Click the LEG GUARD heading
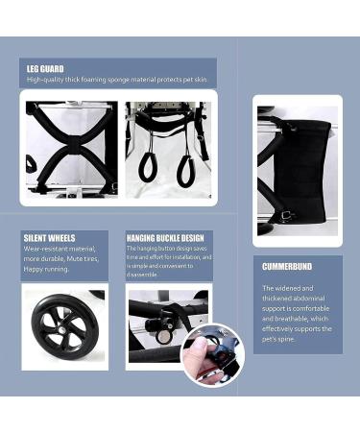tap(46, 69)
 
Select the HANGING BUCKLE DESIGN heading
tap(165, 237)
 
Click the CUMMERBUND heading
tap(287, 266)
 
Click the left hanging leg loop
tap(148, 166)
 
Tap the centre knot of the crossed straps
tap(67, 146)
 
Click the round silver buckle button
tap(164, 336)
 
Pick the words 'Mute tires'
tap(84, 258)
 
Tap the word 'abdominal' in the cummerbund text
tap(306, 298)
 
